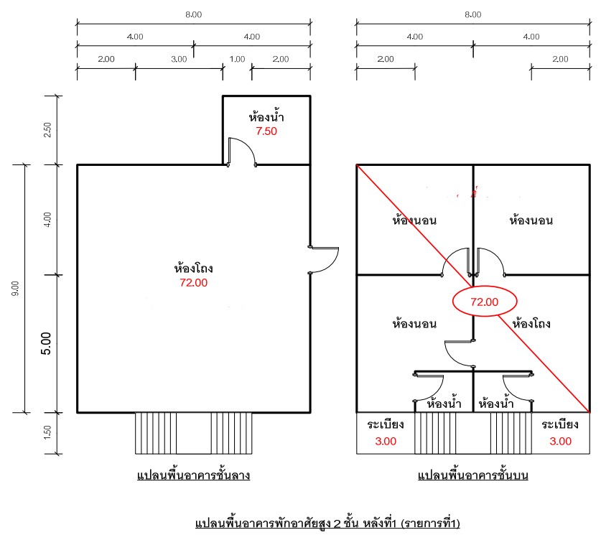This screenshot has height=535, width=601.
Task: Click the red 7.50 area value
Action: click(x=266, y=131)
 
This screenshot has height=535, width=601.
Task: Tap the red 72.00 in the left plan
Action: click(x=194, y=282)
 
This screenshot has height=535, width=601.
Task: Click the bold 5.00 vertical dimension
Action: click(x=46, y=343)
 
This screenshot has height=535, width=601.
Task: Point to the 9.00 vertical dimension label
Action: click(x=15, y=289)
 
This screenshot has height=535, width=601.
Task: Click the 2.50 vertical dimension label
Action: click(x=47, y=130)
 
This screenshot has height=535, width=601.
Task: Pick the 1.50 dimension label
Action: click(x=47, y=432)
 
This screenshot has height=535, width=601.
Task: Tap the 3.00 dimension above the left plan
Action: click(x=179, y=59)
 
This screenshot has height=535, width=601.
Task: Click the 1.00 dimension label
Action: click(x=237, y=59)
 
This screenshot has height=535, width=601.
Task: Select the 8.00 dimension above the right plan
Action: click(x=473, y=14)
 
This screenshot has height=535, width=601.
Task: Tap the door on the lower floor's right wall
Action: click(x=324, y=260)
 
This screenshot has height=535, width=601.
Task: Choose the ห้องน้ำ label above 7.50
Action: click(x=266, y=116)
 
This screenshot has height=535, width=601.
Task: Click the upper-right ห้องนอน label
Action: click(x=531, y=220)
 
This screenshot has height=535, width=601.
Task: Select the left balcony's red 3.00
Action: click(x=386, y=441)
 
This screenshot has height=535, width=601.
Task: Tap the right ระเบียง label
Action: click(x=560, y=424)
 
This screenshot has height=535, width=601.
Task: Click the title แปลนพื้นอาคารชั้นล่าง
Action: click(x=194, y=475)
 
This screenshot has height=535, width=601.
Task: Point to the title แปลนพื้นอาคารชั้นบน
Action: click(x=473, y=475)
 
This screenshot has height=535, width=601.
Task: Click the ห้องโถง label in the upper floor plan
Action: click(x=531, y=324)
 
